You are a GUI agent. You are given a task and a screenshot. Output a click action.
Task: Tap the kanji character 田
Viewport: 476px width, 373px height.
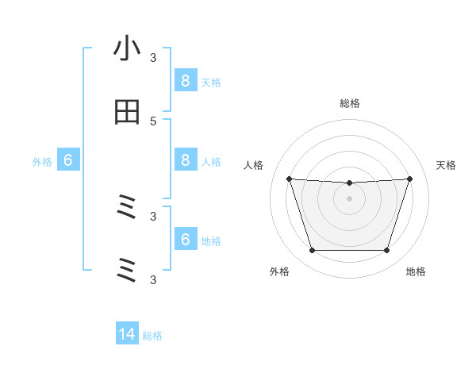point(127,113)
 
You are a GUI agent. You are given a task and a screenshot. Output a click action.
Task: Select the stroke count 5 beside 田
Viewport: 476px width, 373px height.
point(153,121)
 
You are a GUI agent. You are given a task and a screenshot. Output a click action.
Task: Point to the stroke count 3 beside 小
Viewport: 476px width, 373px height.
point(153,57)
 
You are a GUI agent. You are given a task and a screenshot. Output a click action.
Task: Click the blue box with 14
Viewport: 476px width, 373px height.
point(127,334)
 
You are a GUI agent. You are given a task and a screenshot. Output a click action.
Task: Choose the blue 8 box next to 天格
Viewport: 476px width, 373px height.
point(185,80)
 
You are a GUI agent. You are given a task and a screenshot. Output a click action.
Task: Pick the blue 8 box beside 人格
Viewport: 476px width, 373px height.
point(185,160)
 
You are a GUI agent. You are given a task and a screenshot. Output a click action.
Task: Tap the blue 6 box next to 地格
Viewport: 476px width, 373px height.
point(185,240)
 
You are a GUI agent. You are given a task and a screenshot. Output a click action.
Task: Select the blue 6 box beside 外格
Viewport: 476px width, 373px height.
point(68,160)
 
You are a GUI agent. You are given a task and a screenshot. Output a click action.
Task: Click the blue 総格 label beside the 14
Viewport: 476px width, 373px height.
point(152,336)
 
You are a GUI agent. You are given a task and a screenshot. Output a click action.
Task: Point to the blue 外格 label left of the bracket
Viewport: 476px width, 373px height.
point(42,162)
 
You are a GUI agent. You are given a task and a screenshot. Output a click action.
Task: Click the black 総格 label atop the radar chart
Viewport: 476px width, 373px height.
point(349,103)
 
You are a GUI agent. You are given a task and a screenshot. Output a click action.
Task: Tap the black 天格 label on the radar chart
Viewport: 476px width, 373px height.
point(447,165)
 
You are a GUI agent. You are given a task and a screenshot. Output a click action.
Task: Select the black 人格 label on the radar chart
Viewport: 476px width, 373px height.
point(253,165)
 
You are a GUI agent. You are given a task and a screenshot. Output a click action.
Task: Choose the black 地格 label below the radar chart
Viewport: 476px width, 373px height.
point(416,271)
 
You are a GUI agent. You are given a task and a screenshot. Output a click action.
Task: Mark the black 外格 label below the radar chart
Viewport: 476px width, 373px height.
point(279,271)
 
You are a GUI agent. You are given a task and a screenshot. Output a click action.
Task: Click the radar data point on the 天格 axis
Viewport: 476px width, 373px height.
point(409,179)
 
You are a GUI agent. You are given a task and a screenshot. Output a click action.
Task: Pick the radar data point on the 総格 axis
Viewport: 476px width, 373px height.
point(349,183)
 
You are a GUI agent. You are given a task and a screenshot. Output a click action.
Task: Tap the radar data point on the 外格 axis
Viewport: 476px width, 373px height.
point(312,251)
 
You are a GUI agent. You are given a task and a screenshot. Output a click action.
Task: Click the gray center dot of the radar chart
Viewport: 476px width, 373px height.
point(349,198)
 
